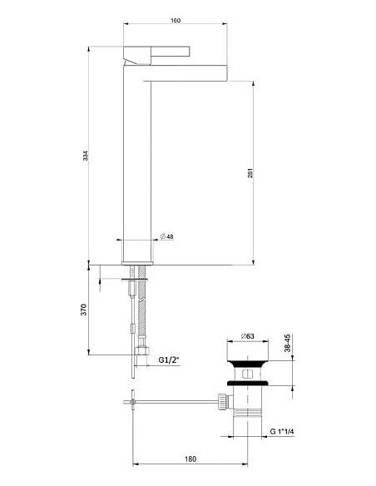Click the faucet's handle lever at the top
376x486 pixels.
point(138,57)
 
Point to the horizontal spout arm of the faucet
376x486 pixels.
point(187,71)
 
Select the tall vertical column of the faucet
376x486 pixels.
point(137,158)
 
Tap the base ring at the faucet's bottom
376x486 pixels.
point(138,253)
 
